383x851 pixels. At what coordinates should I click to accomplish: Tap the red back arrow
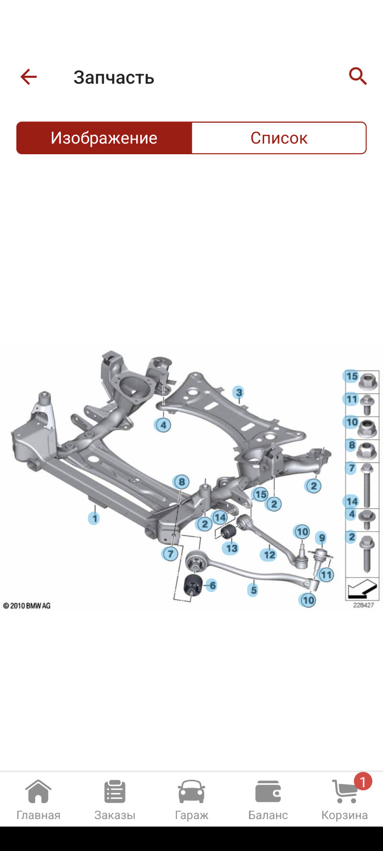[28, 77]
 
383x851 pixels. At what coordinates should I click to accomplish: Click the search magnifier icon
[358, 76]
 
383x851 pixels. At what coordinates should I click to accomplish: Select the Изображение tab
[104, 138]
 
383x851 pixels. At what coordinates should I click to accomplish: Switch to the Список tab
[279, 138]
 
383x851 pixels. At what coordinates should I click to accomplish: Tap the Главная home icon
[38, 792]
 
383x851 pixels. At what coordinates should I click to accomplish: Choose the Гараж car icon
[191, 792]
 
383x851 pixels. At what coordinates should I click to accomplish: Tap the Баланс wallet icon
[268, 792]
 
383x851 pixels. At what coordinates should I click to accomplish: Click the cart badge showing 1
[363, 782]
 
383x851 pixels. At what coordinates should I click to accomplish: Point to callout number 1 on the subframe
[94, 518]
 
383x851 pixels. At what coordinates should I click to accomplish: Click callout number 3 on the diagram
[239, 392]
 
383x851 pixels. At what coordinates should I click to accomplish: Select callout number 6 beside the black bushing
[212, 586]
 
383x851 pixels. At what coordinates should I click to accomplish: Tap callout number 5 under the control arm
[253, 590]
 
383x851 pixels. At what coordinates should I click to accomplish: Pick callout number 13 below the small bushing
[231, 548]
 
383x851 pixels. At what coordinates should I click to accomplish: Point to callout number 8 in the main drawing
[181, 482]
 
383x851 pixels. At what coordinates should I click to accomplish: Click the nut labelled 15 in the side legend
[367, 382]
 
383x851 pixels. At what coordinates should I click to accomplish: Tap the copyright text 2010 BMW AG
[27, 605]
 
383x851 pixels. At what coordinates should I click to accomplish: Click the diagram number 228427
[363, 605]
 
